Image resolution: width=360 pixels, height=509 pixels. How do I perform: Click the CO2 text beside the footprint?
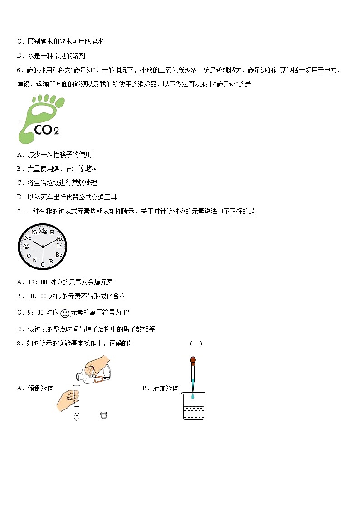(47, 130)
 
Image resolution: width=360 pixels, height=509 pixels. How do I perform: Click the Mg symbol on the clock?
(43, 230)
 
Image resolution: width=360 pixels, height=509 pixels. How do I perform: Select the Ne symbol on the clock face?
(28, 238)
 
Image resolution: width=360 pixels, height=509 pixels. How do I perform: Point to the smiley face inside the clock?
(26, 246)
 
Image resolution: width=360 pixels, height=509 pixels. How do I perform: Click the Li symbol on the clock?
(59, 246)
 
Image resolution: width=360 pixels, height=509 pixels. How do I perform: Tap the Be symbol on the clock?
(59, 255)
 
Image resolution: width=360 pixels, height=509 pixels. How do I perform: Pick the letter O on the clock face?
(29, 256)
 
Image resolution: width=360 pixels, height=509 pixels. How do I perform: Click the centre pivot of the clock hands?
(43, 247)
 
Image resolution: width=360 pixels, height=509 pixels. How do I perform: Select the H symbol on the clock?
(52, 232)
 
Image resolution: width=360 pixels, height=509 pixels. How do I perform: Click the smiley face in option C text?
(65, 313)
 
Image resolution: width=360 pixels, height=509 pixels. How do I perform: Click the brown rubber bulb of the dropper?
(193, 361)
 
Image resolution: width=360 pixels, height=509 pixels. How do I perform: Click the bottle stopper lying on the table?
(104, 414)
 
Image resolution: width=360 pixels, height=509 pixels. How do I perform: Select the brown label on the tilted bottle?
(100, 378)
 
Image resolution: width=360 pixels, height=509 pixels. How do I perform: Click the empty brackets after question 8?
(196, 344)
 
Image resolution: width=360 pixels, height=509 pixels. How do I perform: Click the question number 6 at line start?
(19, 70)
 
